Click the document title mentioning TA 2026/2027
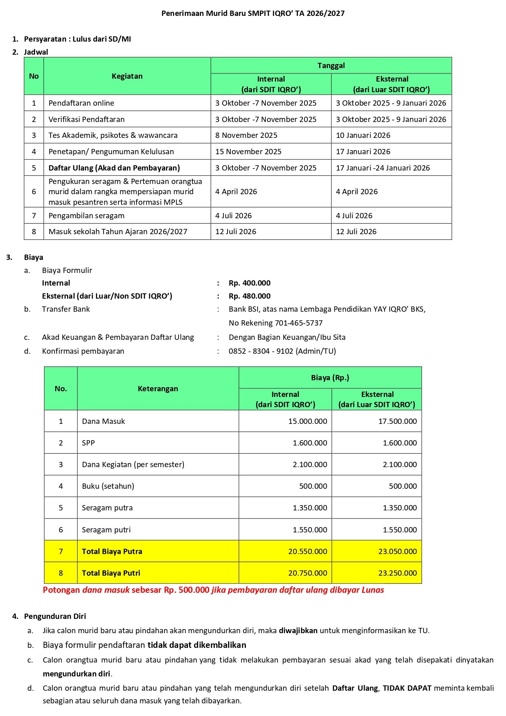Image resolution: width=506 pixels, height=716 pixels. [x=253, y=13]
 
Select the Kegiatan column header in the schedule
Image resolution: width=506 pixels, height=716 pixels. [x=127, y=76]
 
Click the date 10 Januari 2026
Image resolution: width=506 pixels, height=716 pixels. [x=363, y=135]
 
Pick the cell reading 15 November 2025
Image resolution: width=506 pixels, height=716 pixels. [x=248, y=152]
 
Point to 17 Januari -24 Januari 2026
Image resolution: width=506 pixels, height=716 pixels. [x=383, y=168]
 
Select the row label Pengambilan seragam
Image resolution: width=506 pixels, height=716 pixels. [x=86, y=216]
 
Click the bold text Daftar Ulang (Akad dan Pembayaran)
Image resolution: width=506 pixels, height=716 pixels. [x=114, y=168]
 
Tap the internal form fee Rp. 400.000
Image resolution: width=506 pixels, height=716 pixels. [x=250, y=283]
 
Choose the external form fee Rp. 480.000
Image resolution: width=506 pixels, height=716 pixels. [x=250, y=296]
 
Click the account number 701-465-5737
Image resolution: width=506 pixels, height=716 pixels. [x=298, y=323]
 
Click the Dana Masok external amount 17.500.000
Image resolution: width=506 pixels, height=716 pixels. [x=397, y=421]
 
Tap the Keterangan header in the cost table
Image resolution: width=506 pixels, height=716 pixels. [x=158, y=389]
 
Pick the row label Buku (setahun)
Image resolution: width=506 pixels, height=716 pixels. [x=108, y=486]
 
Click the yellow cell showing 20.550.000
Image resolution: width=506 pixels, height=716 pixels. [x=307, y=552]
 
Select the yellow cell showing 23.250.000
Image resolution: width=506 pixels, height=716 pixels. [x=397, y=573]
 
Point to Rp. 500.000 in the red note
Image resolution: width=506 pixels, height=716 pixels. [x=187, y=590]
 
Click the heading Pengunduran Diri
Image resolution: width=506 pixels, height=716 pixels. [x=55, y=616]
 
